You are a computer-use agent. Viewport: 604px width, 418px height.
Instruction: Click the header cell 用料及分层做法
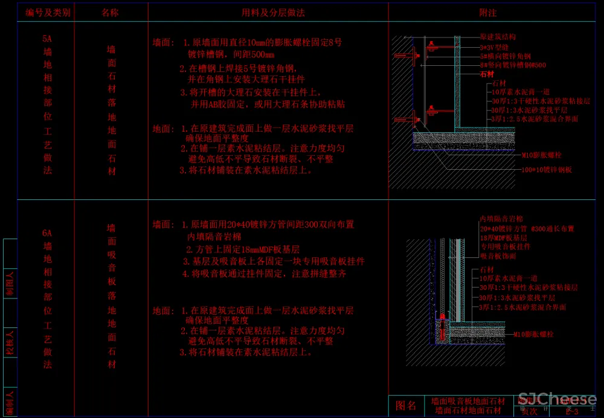(x=269, y=12)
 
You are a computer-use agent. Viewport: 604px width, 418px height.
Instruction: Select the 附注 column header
(x=488, y=12)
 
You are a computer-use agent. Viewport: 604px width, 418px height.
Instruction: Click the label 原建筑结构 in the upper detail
(x=498, y=37)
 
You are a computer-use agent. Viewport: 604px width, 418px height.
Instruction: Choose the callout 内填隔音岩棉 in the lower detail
(x=501, y=219)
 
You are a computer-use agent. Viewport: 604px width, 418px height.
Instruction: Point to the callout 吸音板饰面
(x=498, y=256)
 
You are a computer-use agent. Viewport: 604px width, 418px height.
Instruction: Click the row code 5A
(x=47, y=39)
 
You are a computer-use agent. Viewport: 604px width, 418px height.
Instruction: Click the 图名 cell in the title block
(x=406, y=405)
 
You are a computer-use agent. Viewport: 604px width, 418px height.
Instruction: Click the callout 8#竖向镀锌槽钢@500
(x=513, y=65)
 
